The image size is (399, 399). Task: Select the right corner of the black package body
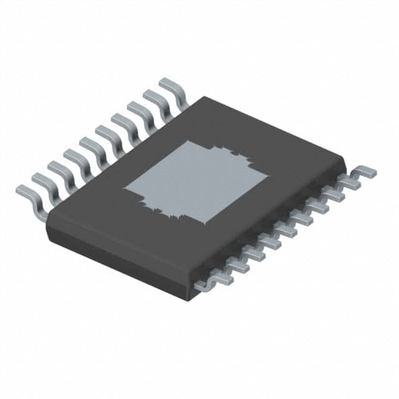345,161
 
